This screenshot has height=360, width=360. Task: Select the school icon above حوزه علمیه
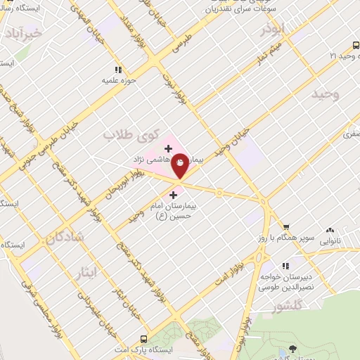pyautogui.click(x=119, y=70)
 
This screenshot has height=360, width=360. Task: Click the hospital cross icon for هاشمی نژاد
pyautogui.click(x=168, y=148)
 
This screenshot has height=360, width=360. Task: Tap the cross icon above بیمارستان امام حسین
pyautogui.click(x=174, y=194)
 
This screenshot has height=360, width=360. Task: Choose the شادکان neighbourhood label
pyautogui.click(x=65, y=238)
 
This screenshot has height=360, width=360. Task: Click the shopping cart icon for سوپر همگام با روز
pyautogui.click(x=286, y=226)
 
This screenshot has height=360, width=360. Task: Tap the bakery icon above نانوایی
pyautogui.click(x=330, y=229)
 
